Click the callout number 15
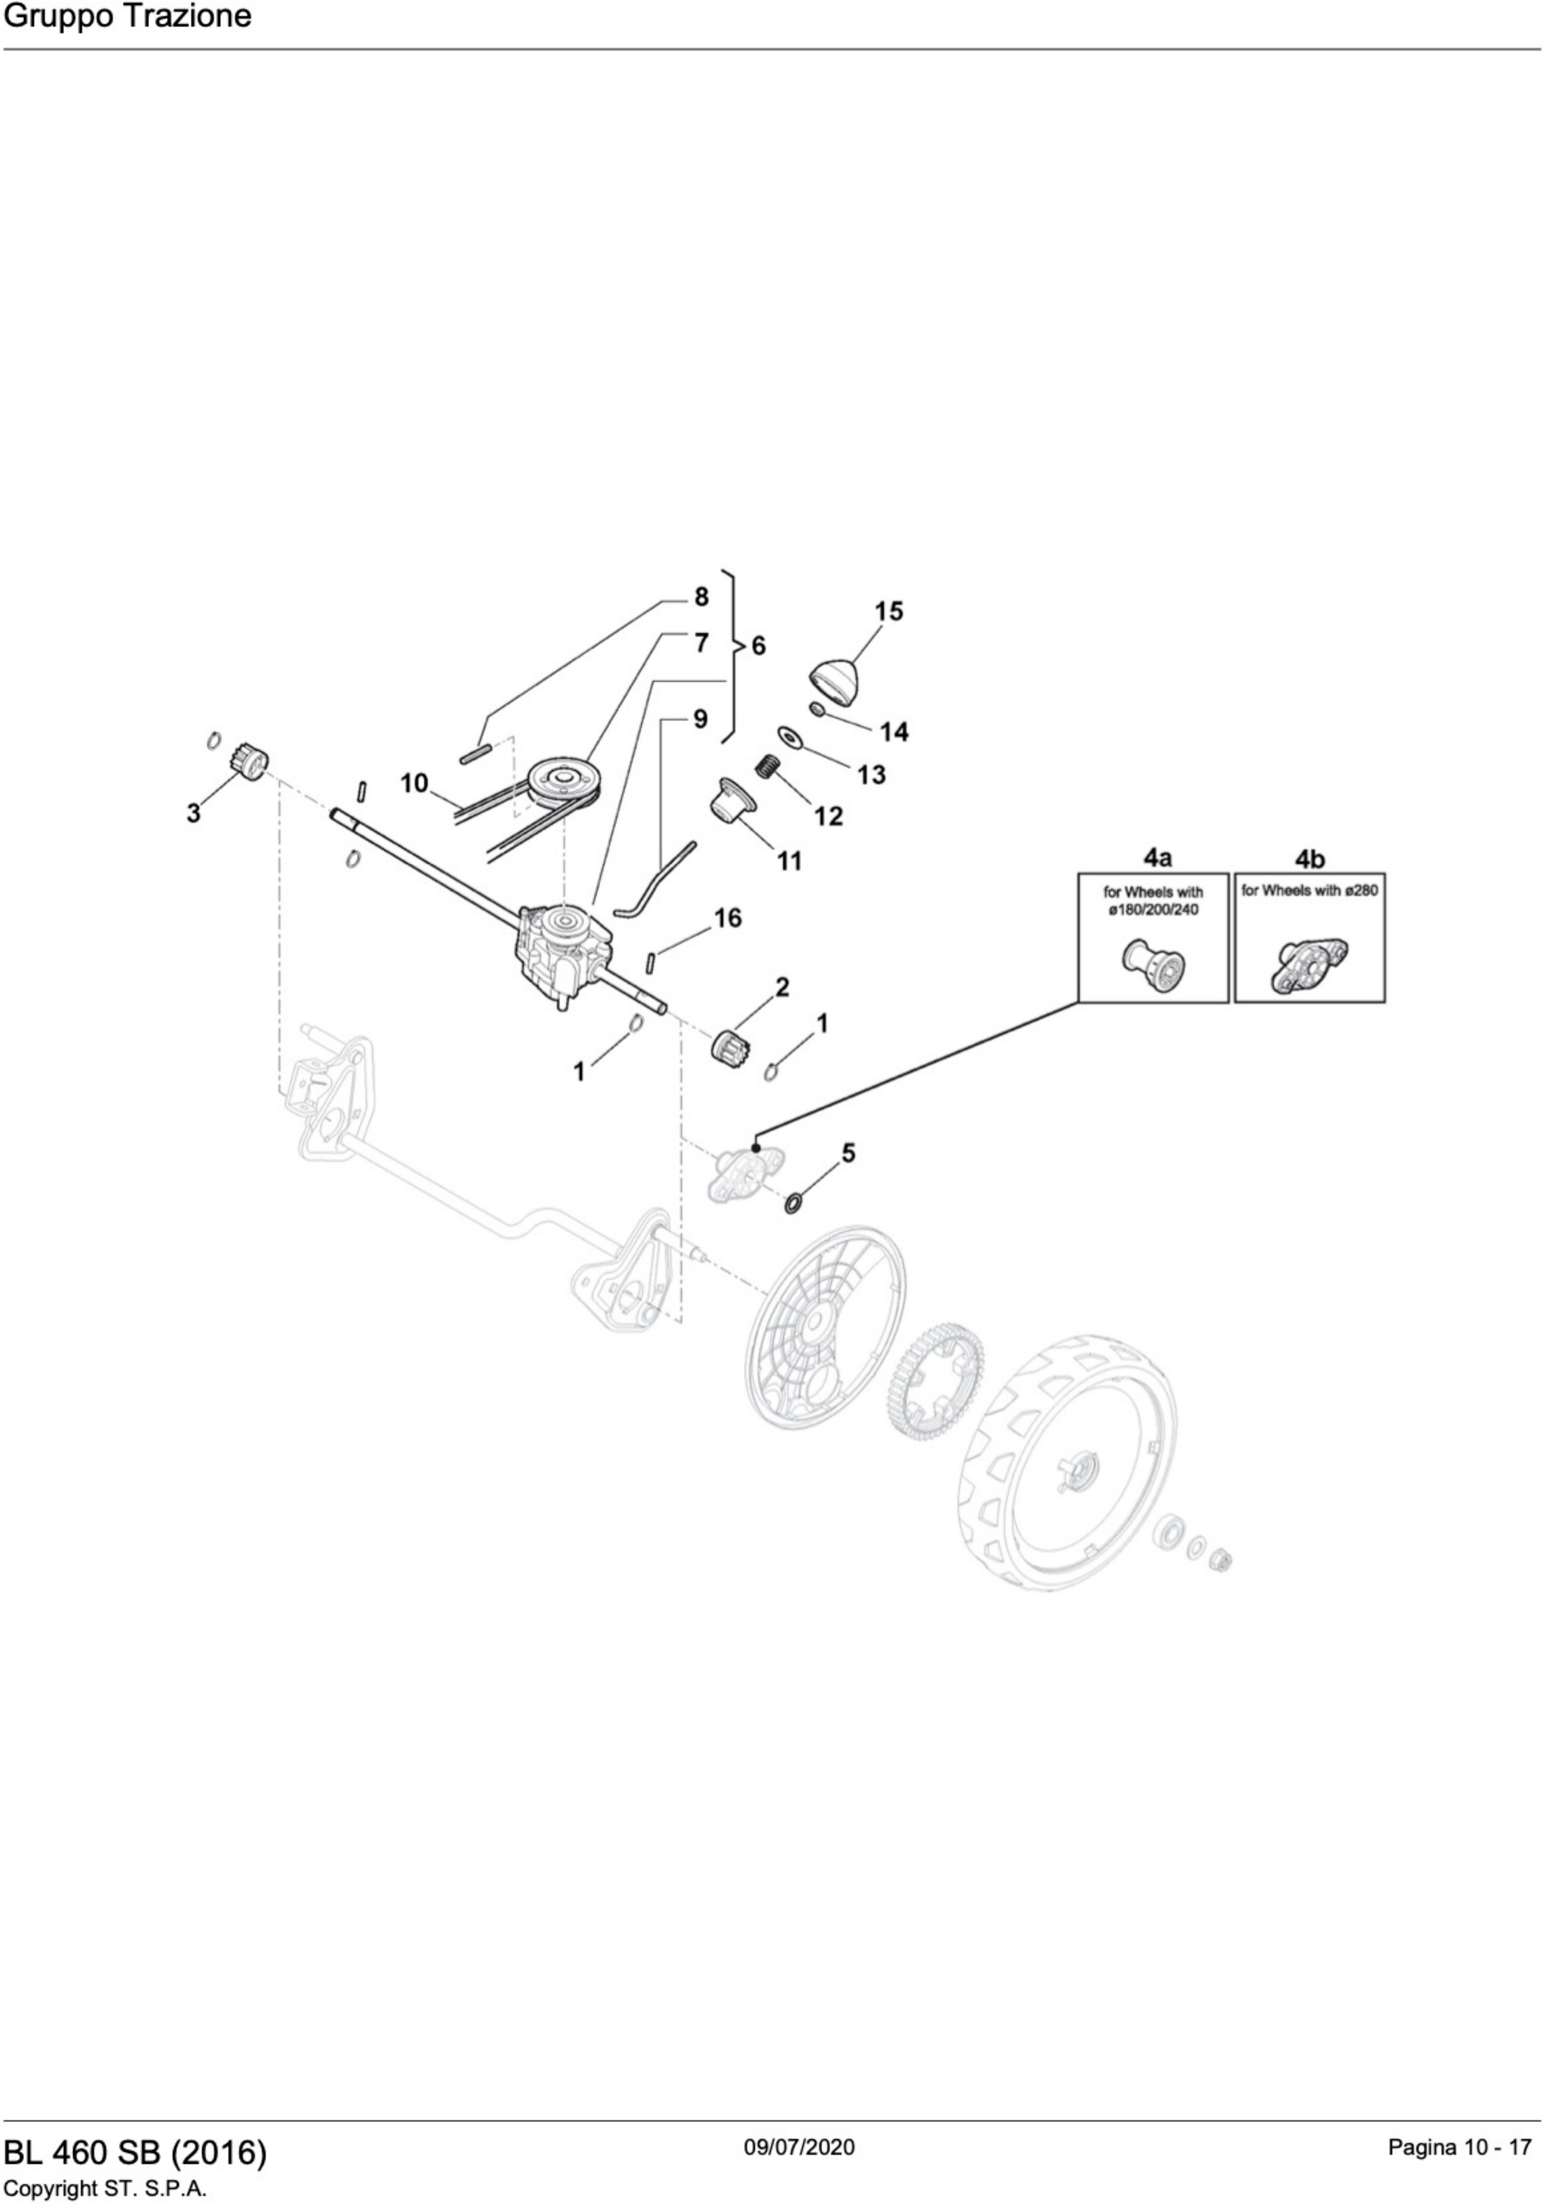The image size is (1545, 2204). (888, 612)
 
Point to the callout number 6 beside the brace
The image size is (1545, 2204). (758, 646)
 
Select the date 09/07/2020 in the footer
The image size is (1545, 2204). (799, 2146)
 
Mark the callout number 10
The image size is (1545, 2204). (414, 783)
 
